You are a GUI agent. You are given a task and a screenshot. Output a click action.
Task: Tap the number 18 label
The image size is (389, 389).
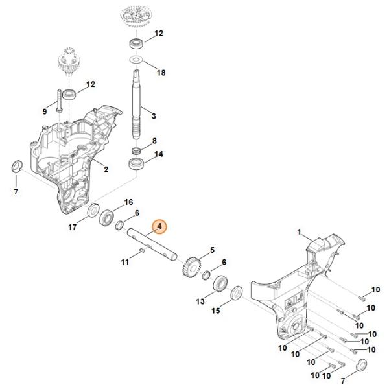pos(161,73)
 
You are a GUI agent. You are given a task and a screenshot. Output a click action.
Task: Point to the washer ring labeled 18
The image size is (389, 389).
pos(137,60)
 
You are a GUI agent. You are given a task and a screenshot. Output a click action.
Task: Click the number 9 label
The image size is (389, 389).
pos(44,112)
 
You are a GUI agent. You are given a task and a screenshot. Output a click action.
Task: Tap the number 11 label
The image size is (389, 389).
pos(124,262)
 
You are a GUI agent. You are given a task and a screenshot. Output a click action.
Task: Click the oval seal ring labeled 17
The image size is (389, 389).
pos(93,212)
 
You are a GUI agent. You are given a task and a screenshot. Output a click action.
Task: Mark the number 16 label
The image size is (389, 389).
pos(128,202)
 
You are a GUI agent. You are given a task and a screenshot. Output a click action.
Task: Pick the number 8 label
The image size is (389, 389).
pos(154,140)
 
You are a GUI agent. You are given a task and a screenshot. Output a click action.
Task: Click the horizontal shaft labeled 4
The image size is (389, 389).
pos(152,243)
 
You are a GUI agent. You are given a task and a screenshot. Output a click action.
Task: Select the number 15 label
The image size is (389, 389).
pos(217,311)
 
